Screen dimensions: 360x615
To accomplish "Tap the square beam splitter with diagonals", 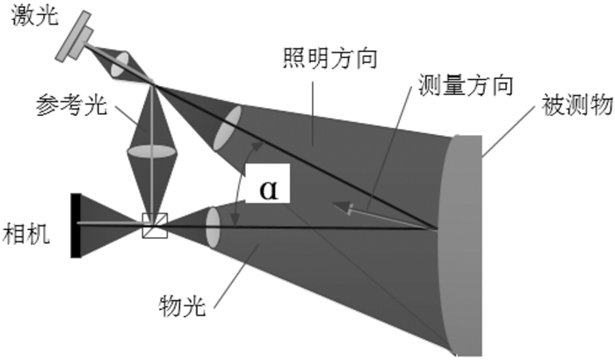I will click(154, 226).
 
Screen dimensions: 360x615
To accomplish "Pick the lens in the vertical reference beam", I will click(152, 151).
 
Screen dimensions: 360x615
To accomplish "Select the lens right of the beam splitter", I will click(212, 227).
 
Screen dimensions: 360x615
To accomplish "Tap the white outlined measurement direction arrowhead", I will click(344, 207).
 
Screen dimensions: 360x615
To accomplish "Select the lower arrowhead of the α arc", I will click(235, 220).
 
